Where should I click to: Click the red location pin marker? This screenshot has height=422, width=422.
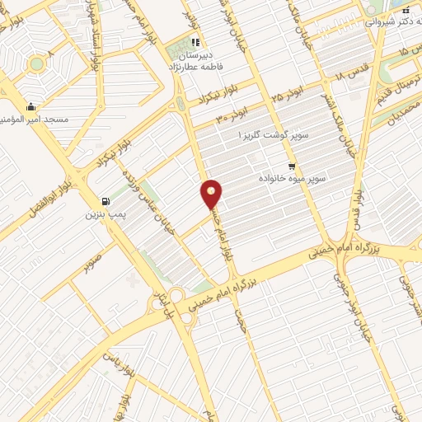pyautogui.click(x=212, y=195)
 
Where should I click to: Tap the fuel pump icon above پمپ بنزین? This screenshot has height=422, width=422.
pyautogui.click(x=105, y=201)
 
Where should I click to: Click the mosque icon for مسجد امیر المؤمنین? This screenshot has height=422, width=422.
pyautogui.click(x=30, y=106)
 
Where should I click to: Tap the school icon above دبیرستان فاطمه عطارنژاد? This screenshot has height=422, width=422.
pyautogui.click(x=195, y=43)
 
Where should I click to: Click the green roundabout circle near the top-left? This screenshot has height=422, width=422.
pyautogui.click(x=35, y=64)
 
